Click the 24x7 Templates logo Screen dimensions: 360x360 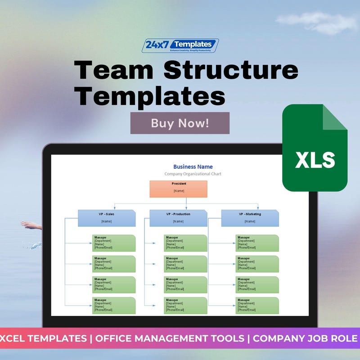(x=180, y=45)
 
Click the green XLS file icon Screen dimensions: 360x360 (x=315, y=148)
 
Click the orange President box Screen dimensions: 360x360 (x=178, y=189)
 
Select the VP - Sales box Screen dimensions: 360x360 (x=107, y=218)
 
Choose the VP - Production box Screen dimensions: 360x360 (x=178, y=218)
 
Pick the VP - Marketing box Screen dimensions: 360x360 (x=250, y=218)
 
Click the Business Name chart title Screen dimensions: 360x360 (x=193, y=166)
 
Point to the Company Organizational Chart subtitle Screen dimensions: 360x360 (x=193, y=174)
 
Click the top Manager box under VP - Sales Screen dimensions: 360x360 (x=114, y=243)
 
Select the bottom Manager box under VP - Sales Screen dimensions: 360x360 (x=114, y=305)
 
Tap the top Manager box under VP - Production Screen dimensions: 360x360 (x=186, y=243)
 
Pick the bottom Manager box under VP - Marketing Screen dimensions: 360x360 (x=257, y=305)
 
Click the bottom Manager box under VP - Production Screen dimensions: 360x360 (x=186, y=305)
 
